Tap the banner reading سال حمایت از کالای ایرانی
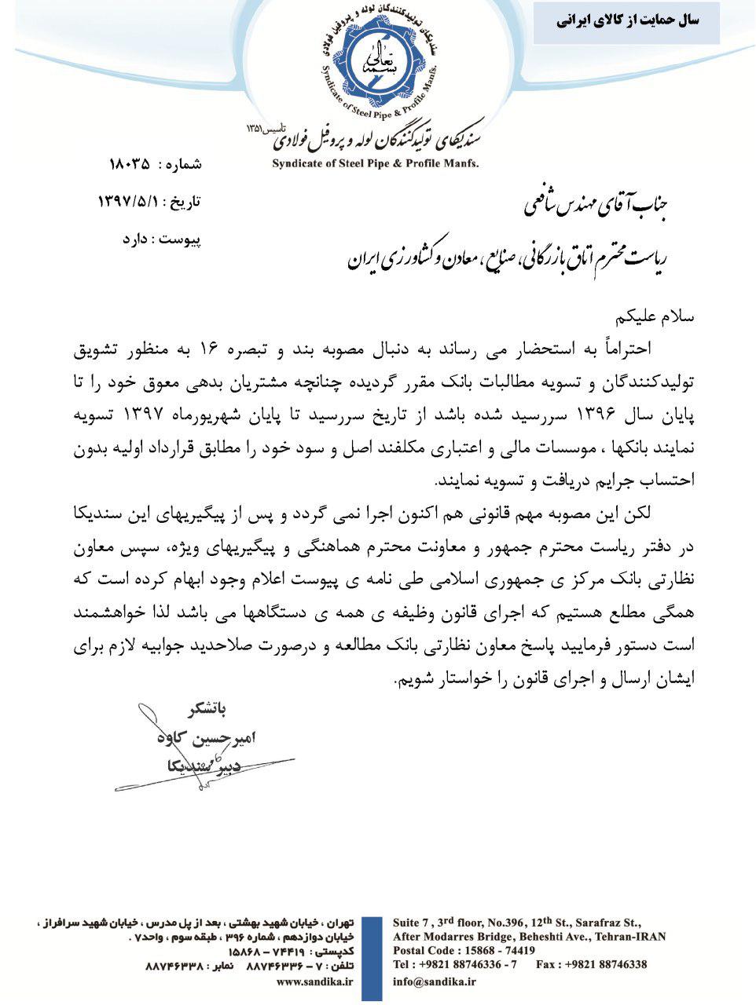click(x=626, y=21)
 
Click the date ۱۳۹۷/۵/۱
click(x=129, y=202)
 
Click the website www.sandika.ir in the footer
click(x=315, y=981)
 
